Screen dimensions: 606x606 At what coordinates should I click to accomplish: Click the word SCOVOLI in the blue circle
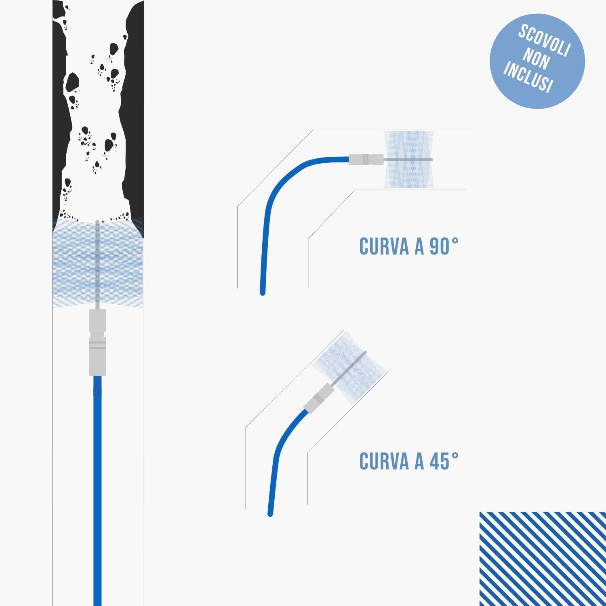[x=544, y=40]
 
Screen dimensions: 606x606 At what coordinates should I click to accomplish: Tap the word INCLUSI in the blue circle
[x=528, y=77]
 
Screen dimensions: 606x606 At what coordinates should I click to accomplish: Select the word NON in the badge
[x=537, y=59]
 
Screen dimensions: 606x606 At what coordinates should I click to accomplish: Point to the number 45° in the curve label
[x=444, y=461]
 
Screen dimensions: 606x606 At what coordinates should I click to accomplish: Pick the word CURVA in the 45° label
[x=385, y=461]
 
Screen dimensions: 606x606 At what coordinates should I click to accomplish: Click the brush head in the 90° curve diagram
[x=408, y=160]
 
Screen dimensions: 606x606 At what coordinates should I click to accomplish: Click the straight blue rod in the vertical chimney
[x=97, y=491]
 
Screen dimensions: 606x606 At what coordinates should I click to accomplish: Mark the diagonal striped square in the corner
[x=543, y=559]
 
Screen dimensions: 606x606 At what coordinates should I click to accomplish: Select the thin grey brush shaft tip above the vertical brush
[x=97, y=221]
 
